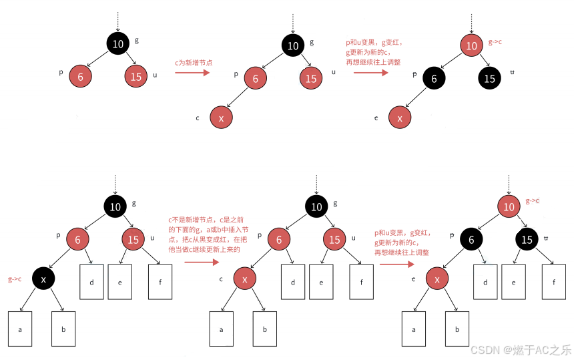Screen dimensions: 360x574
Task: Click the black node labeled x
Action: (x=43, y=280)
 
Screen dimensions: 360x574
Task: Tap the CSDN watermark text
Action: (x=521, y=349)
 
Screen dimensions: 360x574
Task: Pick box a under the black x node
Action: (x=20, y=329)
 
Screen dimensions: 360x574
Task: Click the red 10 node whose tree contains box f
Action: (x=509, y=207)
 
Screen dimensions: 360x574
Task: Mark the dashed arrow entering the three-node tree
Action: (x=117, y=20)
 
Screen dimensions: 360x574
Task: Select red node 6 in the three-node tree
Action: (x=80, y=76)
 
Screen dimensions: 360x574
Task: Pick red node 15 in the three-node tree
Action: (x=135, y=76)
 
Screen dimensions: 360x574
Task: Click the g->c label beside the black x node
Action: (x=14, y=279)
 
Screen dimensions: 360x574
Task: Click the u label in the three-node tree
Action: (x=156, y=75)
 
